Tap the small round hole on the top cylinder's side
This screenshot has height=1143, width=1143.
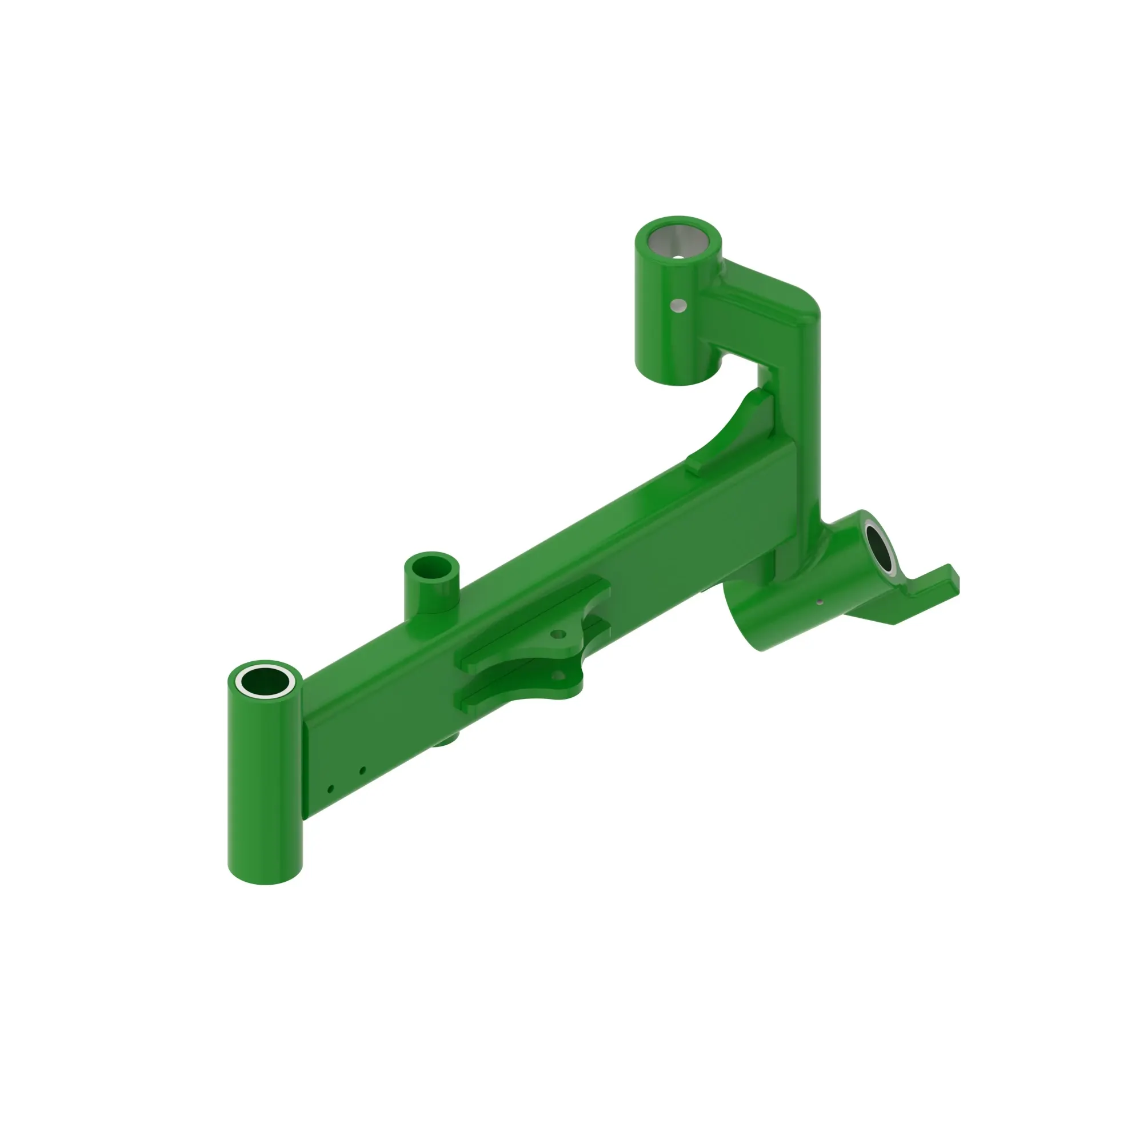(x=677, y=305)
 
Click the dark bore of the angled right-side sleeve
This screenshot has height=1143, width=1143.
(x=880, y=547)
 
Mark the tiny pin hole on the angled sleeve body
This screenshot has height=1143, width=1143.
(x=820, y=603)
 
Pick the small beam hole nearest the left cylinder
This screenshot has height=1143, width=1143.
(x=331, y=789)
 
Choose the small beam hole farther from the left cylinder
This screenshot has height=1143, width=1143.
(x=363, y=770)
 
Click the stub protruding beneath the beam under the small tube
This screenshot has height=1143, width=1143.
(x=447, y=741)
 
